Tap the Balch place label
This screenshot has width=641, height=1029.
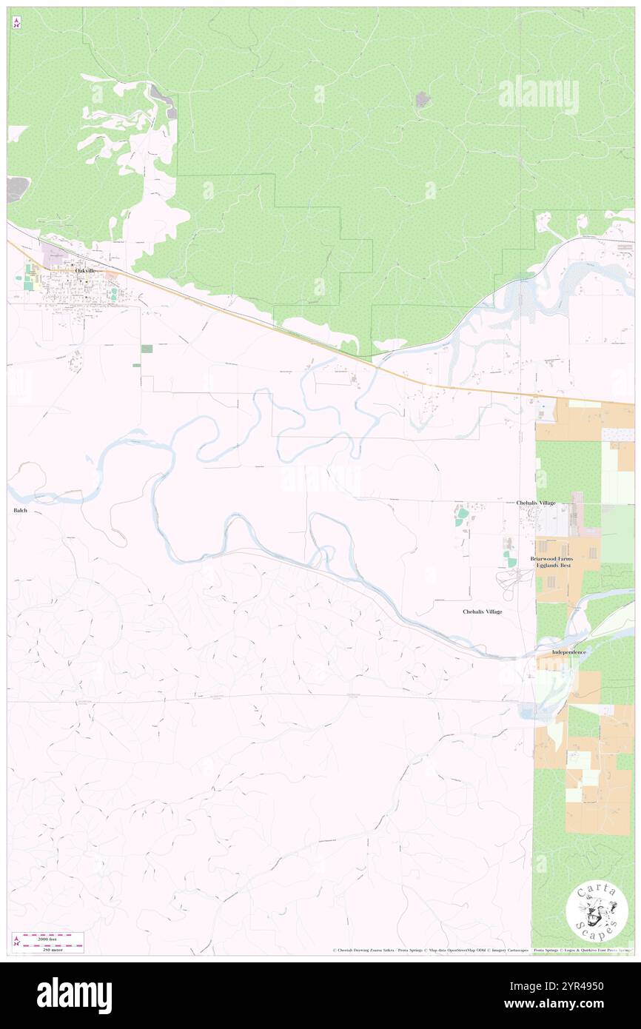(21, 511)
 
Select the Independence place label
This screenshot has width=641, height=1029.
(568, 652)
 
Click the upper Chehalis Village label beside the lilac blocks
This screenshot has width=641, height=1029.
(535, 503)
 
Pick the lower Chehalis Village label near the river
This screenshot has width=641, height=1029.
(482, 611)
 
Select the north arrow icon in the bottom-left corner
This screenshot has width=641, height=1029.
(16, 942)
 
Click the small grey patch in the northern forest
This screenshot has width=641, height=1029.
(422, 99)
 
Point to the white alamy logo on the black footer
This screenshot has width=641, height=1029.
(74, 995)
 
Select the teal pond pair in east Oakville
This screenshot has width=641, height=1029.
(115, 294)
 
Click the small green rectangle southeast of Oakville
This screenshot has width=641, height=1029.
(147, 348)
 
